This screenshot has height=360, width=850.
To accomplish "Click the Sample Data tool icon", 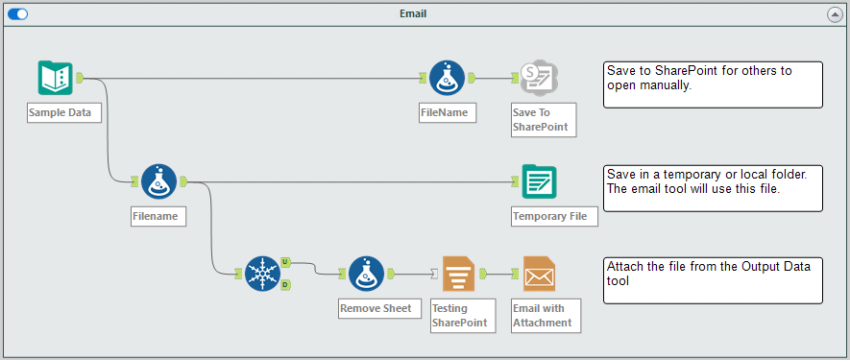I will (x=56, y=78).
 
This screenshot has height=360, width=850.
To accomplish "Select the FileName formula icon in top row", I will (x=446, y=78).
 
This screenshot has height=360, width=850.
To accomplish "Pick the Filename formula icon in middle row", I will (x=158, y=180).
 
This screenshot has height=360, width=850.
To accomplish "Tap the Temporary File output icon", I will (x=539, y=180).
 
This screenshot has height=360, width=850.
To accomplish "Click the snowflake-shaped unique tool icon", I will (x=261, y=273).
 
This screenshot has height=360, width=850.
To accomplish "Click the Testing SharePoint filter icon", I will (x=459, y=273).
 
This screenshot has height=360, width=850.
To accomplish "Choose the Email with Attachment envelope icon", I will (x=539, y=273).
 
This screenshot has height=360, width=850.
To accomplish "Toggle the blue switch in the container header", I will (x=18, y=14).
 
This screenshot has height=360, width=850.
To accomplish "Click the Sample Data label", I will (x=60, y=112).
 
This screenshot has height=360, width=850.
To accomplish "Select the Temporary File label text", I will (x=549, y=216).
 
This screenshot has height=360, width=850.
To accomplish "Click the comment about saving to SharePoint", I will (x=713, y=84).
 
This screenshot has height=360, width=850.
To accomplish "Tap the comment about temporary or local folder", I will (x=713, y=187).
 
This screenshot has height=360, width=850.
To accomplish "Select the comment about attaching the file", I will (x=713, y=279).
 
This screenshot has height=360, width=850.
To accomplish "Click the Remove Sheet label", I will (x=375, y=308).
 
